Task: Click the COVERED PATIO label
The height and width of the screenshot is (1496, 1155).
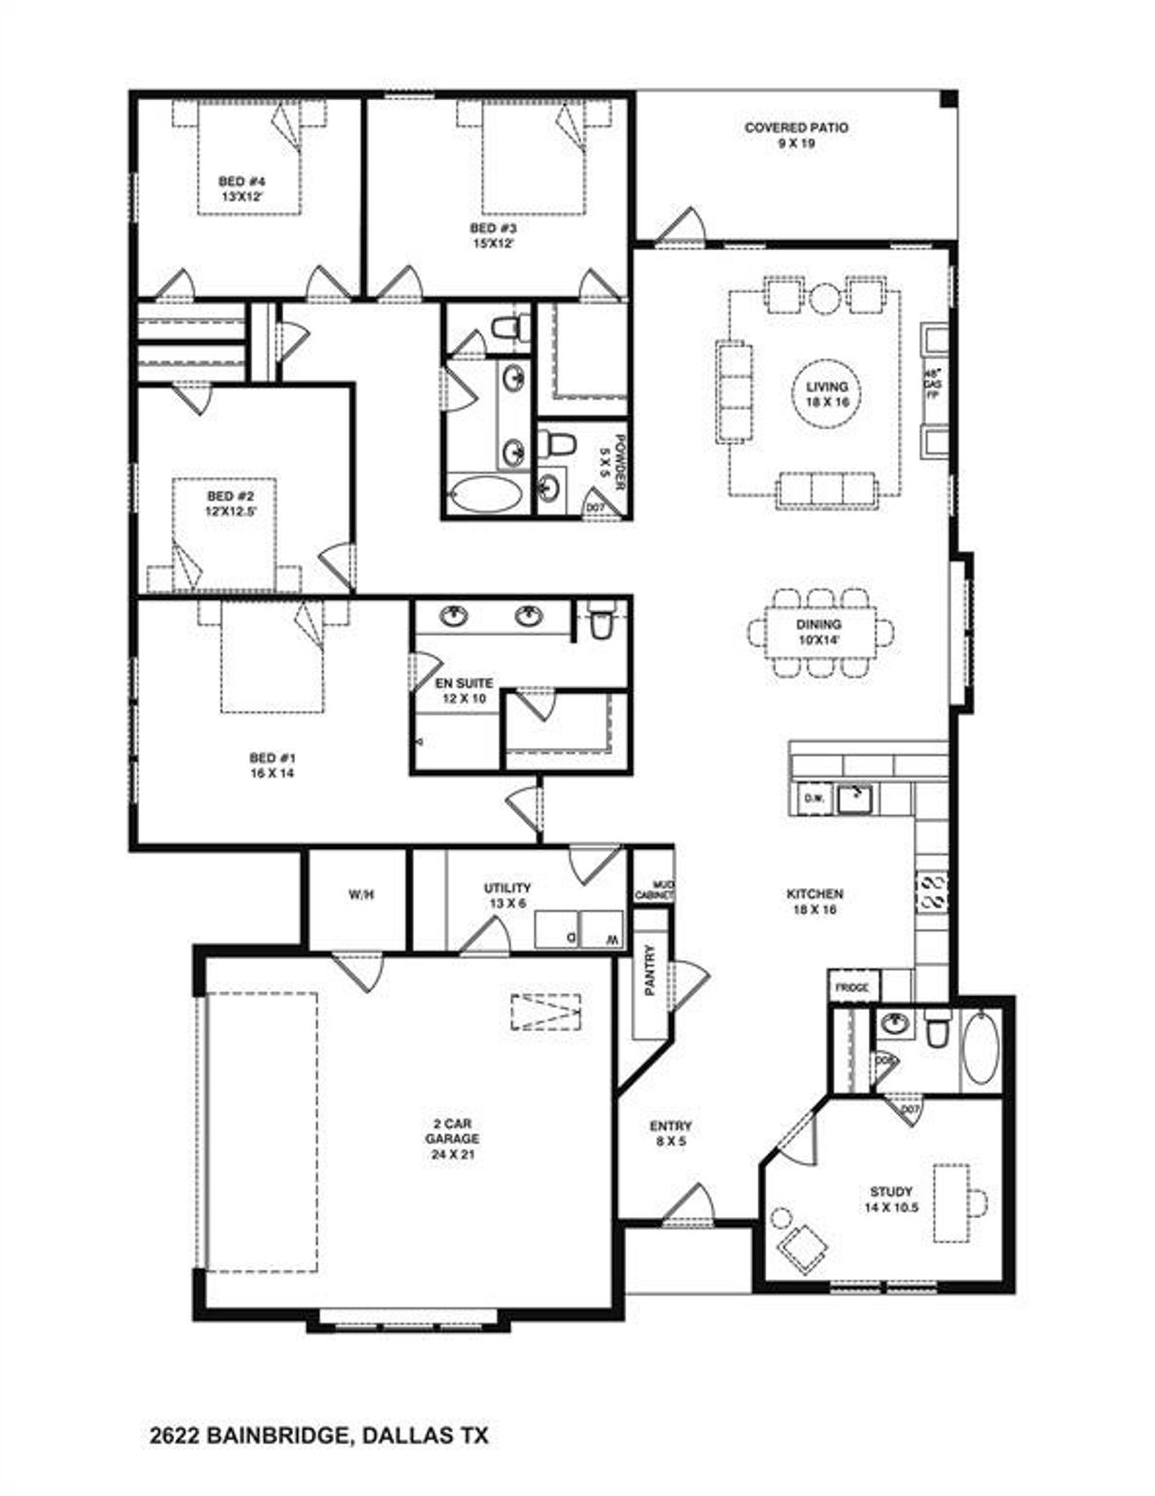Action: pos(796,134)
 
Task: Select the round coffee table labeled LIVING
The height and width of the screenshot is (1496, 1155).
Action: pos(827,394)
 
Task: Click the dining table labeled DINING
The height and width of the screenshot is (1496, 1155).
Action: pos(819,631)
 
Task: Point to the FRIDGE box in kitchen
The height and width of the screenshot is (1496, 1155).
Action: pos(851,987)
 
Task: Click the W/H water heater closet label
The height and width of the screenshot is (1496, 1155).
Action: pos(361,895)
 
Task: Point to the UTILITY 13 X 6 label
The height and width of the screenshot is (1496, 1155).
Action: pos(507,895)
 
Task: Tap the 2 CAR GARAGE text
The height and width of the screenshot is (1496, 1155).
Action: pos(451,1138)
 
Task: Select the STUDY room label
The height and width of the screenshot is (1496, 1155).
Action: pos(891,1198)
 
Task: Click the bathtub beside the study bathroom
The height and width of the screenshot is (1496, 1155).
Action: pos(980,1048)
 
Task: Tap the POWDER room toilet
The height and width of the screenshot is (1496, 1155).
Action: pos(560,443)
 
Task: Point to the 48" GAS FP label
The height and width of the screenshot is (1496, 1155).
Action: pos(932,383)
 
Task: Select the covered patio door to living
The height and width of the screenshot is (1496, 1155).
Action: pos(681,228)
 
